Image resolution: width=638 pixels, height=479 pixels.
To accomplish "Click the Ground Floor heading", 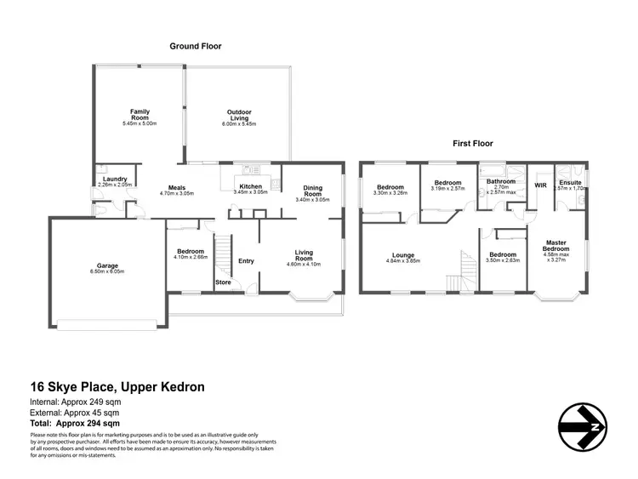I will pyautogui.click(x=196, y=46).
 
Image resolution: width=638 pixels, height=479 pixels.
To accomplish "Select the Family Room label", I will pyautogui.click(x=140, y=111).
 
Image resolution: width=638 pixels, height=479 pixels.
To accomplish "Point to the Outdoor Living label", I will pyautogui.click(x=238, y=111).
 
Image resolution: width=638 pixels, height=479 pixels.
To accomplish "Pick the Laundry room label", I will pyautogui.click(x=112, y=179).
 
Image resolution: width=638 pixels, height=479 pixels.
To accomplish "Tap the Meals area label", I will pyautogui.click(x=177, y=188).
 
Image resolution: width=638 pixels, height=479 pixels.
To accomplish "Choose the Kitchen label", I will pyautogui.click(x=250, y=186).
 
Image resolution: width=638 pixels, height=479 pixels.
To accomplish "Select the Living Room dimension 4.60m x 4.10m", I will pyautogui.click(x=304, y=265).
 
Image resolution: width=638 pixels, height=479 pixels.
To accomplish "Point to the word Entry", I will pyautogui.click(x=246, y=261).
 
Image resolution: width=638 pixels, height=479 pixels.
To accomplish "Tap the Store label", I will pyautogui.click(x=223, y=282).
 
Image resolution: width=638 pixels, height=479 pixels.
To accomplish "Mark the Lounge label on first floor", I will pyautogui.click(x=403, y=254).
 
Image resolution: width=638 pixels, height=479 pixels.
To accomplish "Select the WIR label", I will pyautogui.click(x=539, y=184).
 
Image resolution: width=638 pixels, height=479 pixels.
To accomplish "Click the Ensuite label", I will pyautogui.click(x=570, y=181).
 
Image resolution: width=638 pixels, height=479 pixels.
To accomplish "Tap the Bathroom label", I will pyautogui.click(x=501, y=181).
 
